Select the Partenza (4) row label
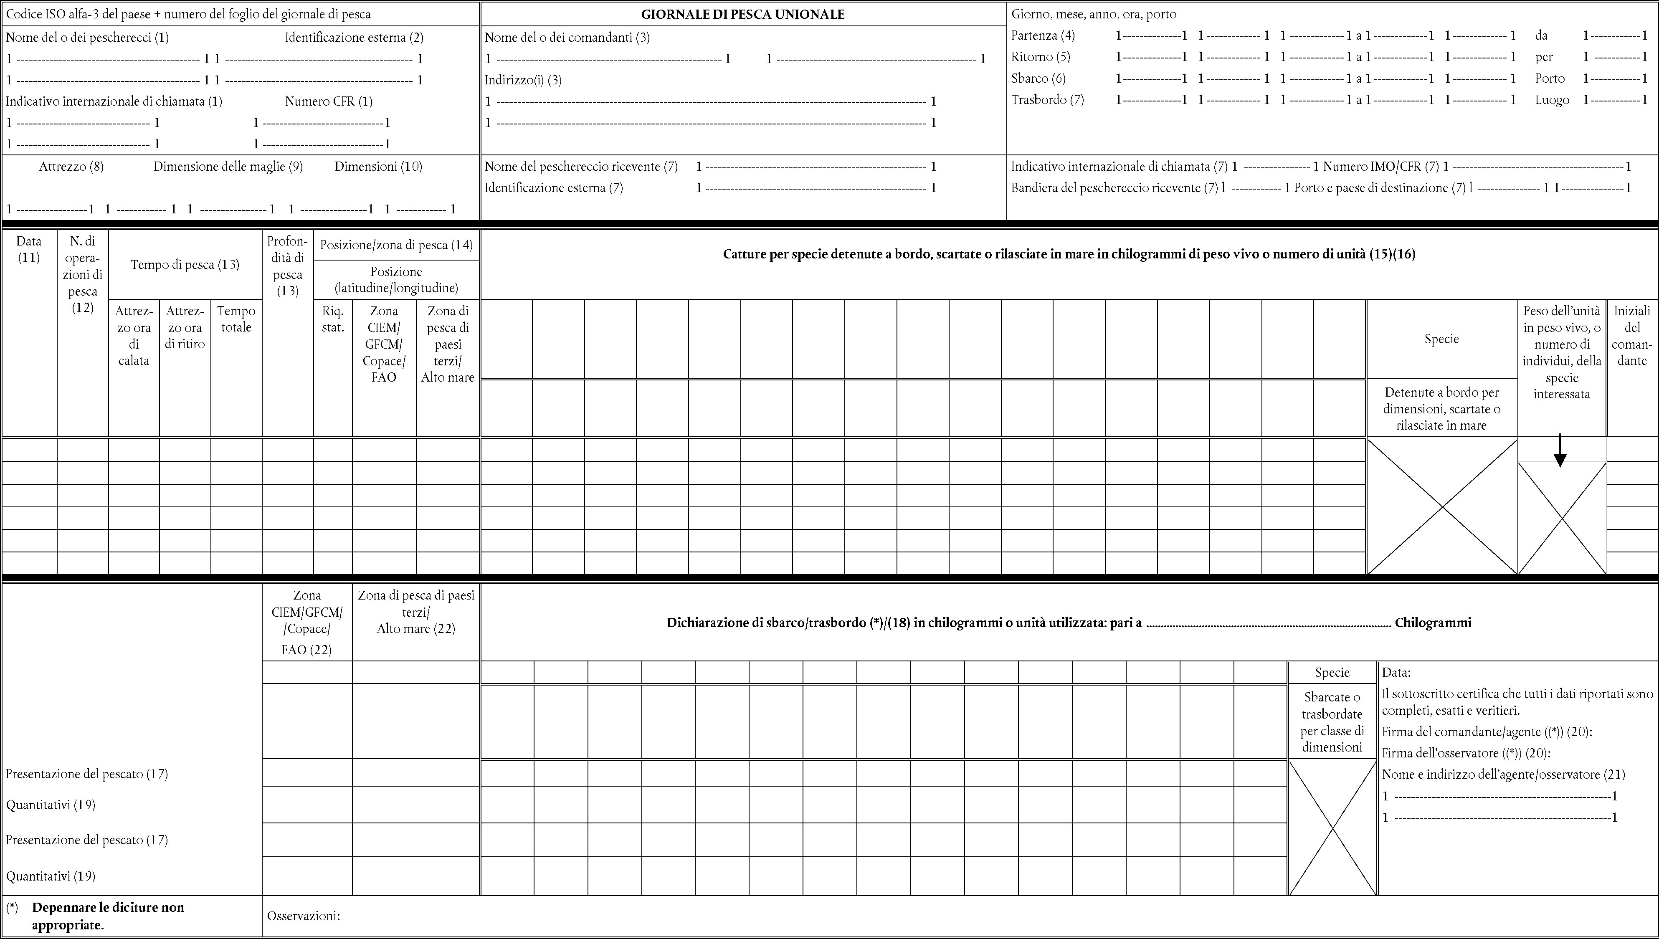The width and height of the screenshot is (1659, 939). (x=1042, y=35)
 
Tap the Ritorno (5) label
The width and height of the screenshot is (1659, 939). (x=1041, y=57)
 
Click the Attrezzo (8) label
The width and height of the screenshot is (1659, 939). (x=71, y=167)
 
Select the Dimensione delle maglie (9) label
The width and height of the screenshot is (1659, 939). (x=228, y=167)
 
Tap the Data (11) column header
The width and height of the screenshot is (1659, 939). (x=29, y=249)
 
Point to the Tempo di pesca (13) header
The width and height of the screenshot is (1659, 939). (x=185, y=264)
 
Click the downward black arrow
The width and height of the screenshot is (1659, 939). (x=1560, y=451)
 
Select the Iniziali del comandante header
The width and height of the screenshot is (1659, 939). (x=1632, y=335)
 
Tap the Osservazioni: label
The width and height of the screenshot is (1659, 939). (x=303, y=916)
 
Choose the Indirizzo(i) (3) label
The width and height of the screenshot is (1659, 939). (x=523, y=80)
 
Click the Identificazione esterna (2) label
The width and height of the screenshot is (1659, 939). (x=354, y=38)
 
